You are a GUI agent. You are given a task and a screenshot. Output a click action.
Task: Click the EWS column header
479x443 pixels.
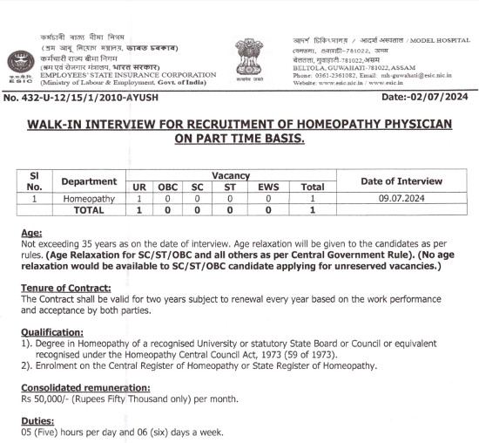coord(268,187)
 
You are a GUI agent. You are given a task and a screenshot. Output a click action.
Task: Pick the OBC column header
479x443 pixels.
coord(168,187)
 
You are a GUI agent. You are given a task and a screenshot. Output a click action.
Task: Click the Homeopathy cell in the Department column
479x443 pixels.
coord(89,199)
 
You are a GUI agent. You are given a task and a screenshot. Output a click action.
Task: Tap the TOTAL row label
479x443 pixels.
coord(89,210)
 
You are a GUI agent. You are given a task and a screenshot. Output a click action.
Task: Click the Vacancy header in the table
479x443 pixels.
coord(231,175)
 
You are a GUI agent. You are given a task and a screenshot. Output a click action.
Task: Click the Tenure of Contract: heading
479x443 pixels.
coord(65,288)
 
